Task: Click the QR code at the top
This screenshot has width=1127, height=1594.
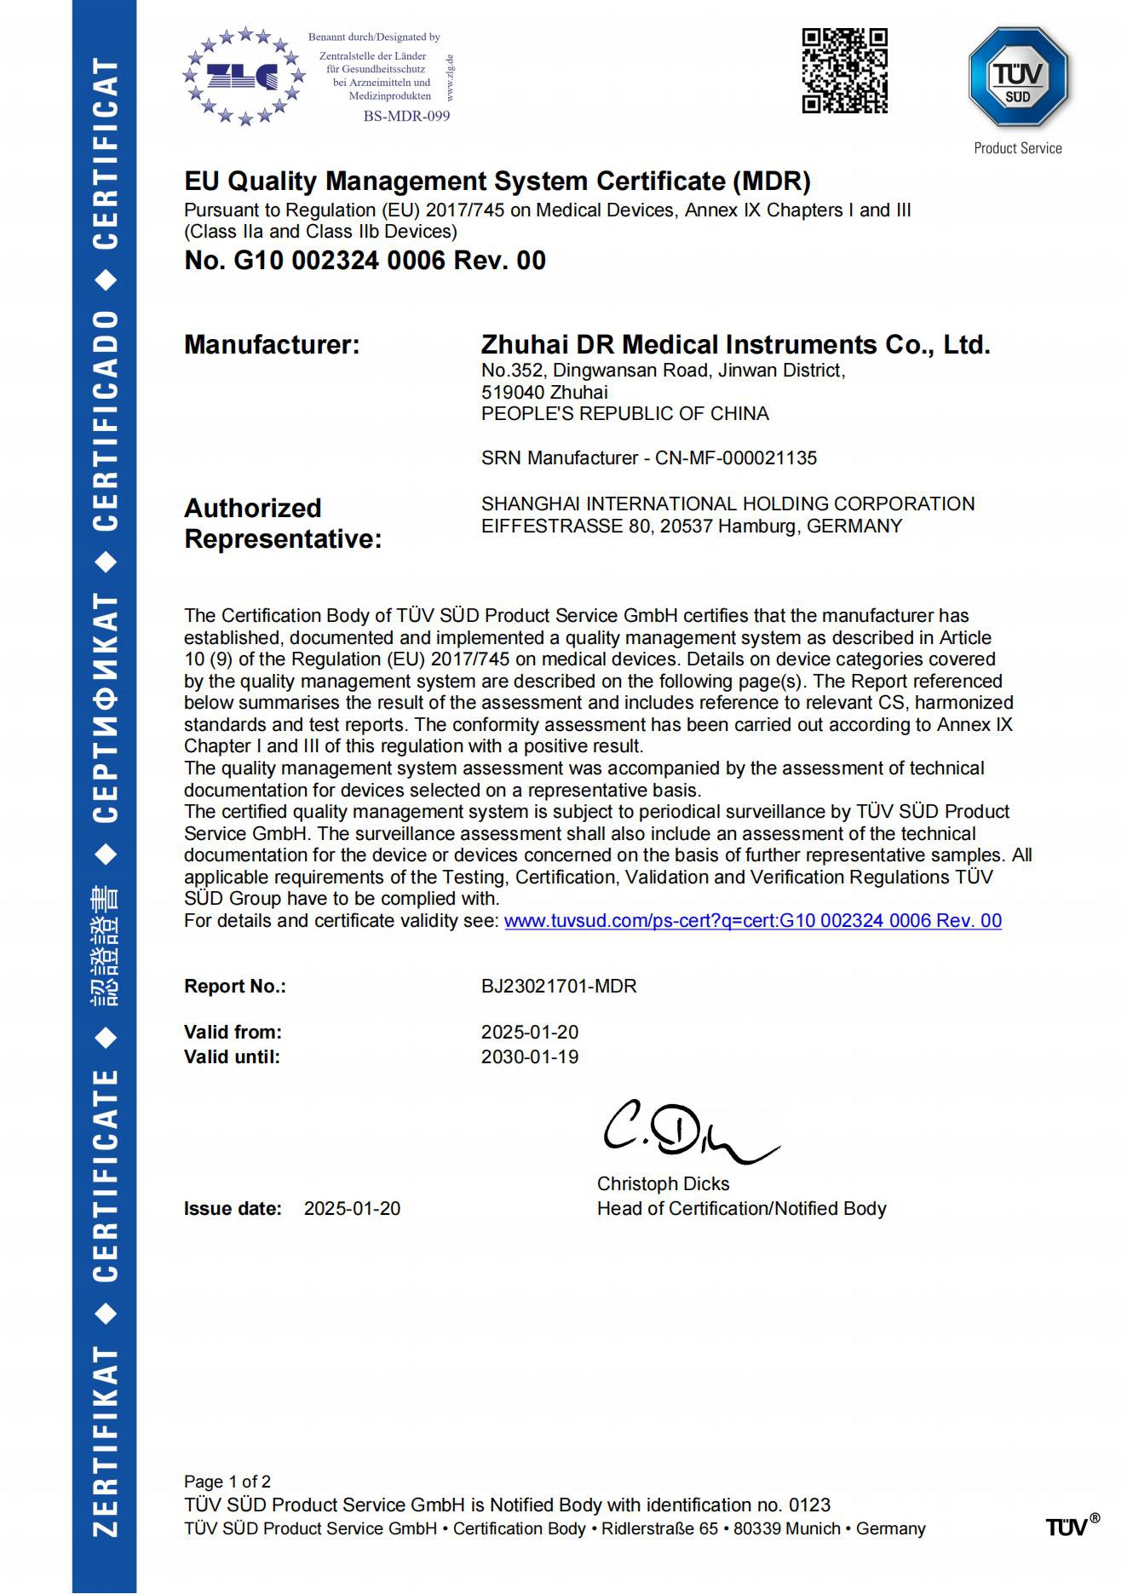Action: point(844,71)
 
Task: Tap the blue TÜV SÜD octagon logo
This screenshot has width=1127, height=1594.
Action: point(1018,78)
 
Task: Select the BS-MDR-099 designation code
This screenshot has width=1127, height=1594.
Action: point(406,116)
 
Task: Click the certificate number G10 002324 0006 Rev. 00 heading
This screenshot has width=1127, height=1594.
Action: point(365,261)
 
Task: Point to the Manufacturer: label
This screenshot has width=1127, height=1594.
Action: point(272,345)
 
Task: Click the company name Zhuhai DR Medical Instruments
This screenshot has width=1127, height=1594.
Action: point(734,345)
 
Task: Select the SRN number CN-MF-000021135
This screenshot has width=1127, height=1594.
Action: point(735,458)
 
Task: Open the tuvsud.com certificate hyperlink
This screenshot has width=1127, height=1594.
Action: point(752,921)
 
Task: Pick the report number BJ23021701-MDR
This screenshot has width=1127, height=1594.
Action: point(559,987)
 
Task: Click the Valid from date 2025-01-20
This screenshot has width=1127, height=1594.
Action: point(530,1033)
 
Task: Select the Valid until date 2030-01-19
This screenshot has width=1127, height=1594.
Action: point(530,1057)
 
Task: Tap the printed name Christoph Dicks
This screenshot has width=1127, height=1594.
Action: point(663,1184)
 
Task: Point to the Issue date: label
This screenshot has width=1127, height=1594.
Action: point(233,1209)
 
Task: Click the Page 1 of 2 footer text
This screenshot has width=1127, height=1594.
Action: point(227,1482)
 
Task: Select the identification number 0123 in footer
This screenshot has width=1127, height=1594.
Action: point(809,1505)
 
